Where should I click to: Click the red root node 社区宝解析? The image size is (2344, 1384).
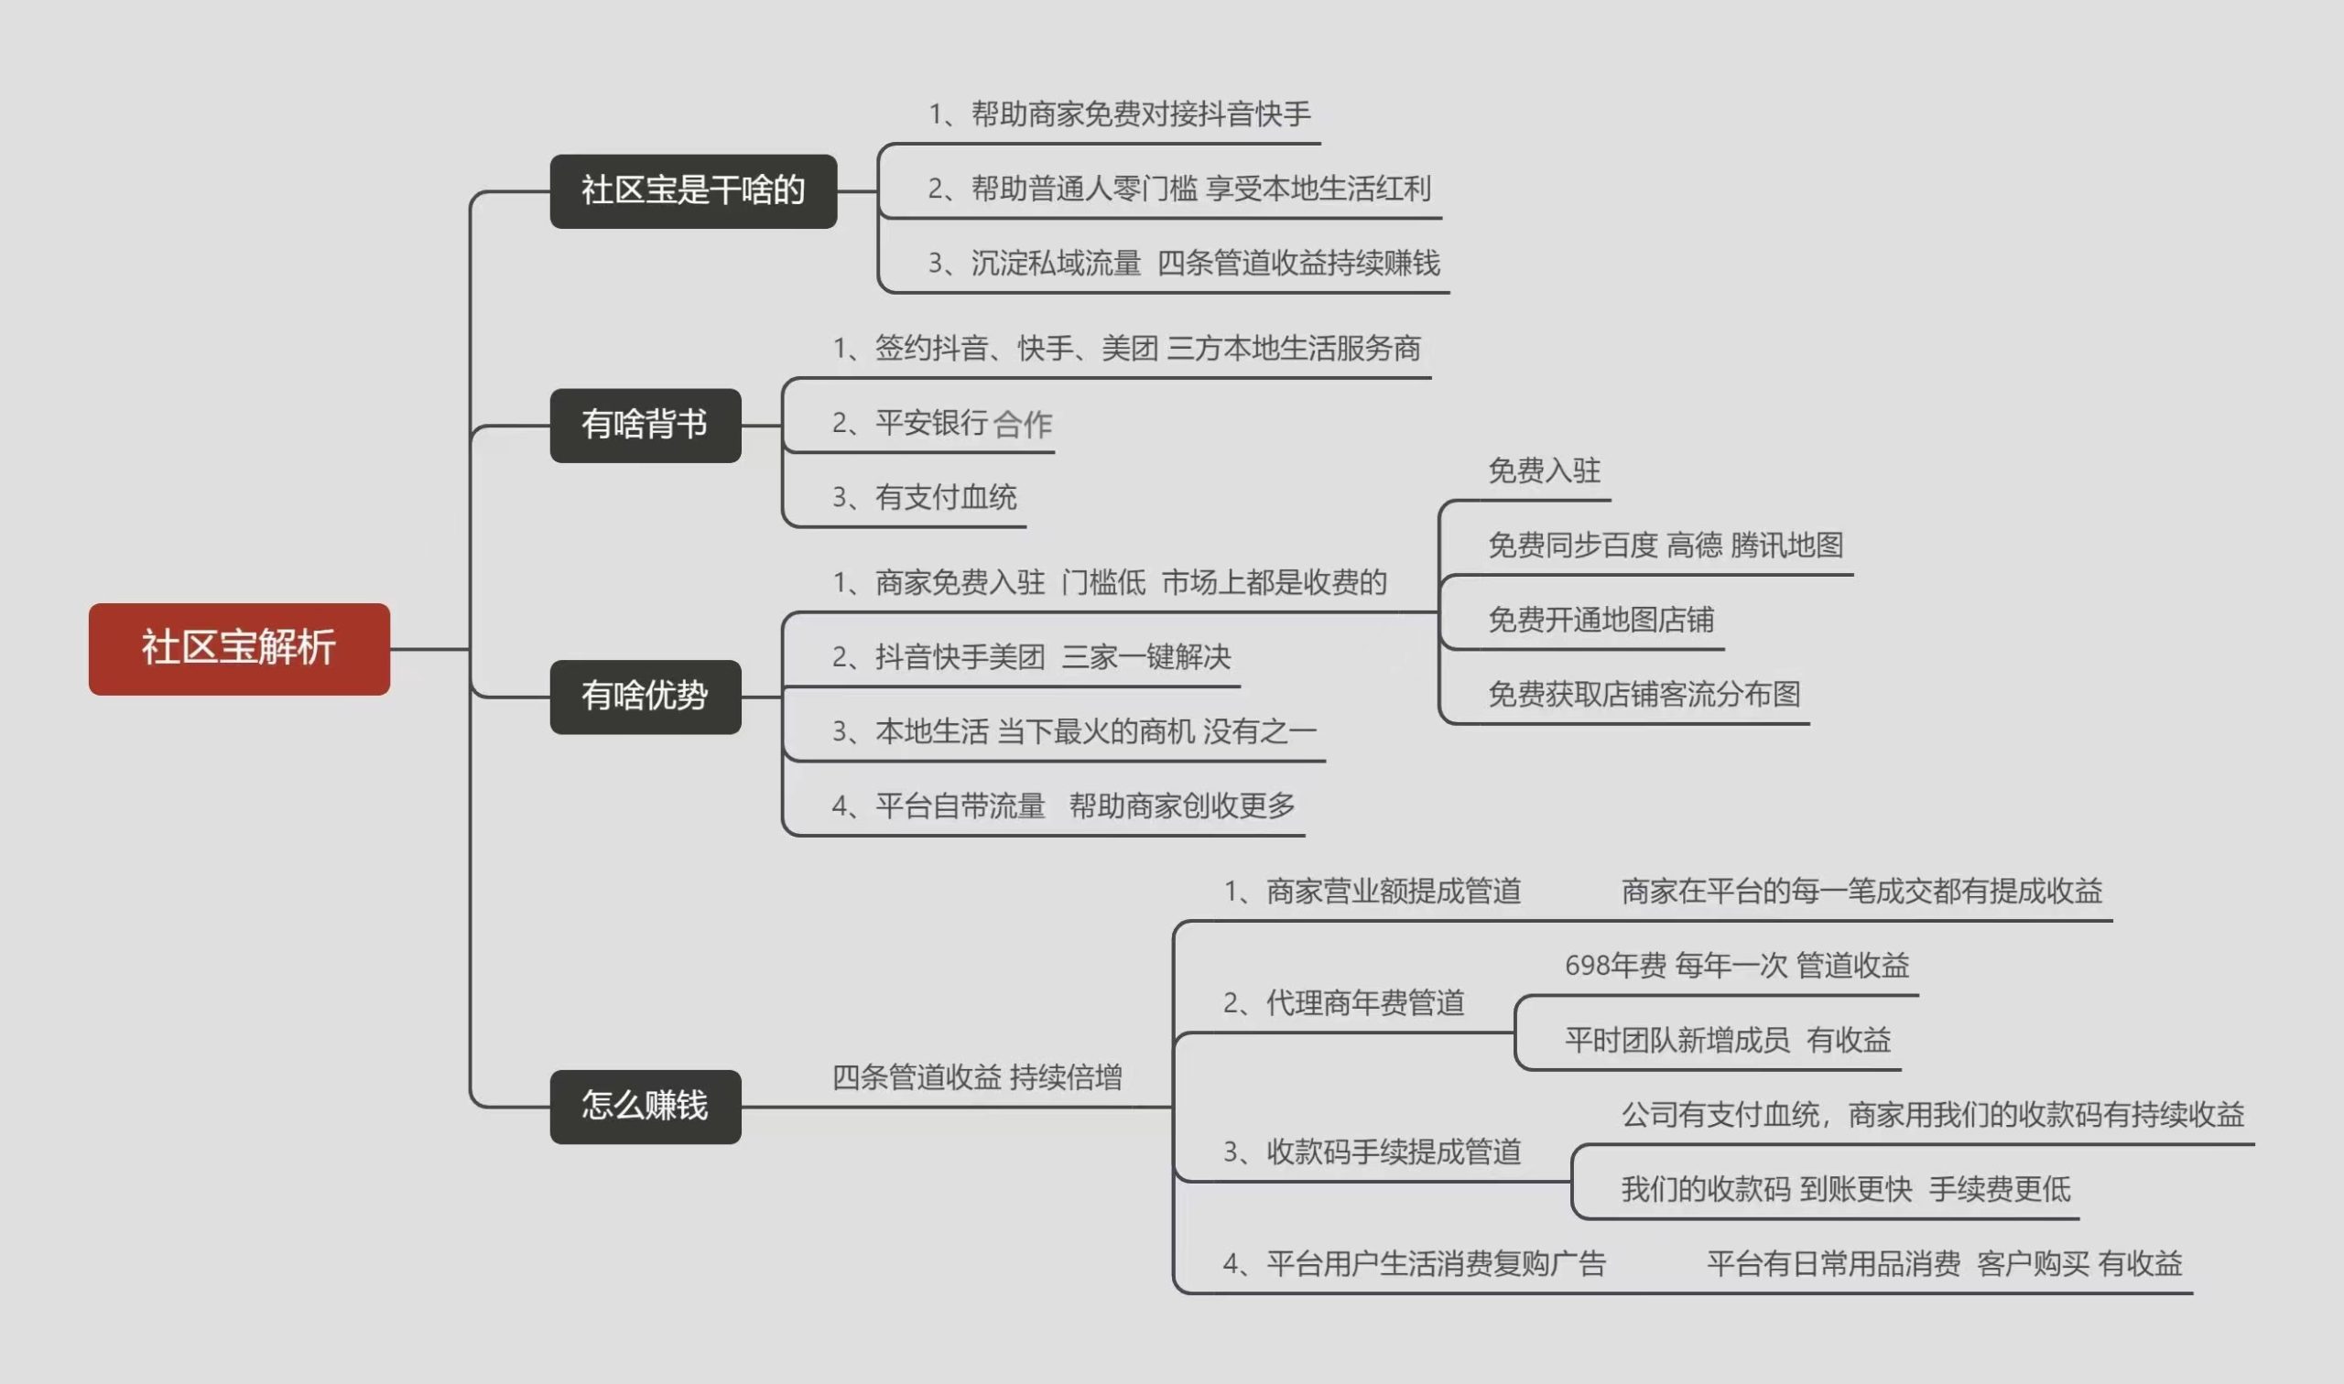[239, 648]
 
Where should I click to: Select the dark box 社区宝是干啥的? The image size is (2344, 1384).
[693, 190]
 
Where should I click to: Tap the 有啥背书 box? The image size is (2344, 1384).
[645, 426]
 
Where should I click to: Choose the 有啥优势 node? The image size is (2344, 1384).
[645, 696]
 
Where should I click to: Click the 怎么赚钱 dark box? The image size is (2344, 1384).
[645, 1106]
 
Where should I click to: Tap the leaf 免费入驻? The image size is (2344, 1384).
[1544, 470]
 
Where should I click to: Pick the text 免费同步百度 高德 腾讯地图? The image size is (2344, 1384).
[1665, 545]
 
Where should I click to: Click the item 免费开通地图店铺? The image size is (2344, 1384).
[1601, 620]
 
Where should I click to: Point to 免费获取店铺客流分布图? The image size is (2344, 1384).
[1644, 694]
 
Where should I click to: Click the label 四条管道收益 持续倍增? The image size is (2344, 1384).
[977, 1077]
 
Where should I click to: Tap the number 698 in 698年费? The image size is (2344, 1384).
[1586, 966]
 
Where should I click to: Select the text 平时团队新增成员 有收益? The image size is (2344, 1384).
[1728, 1040]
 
